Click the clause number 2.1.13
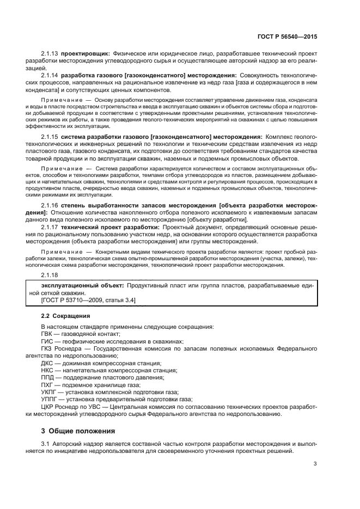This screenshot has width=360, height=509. (x=50, y=54)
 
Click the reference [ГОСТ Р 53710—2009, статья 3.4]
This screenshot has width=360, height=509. (x=88, y=300)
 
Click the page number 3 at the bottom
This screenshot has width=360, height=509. (x=315, y=464)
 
